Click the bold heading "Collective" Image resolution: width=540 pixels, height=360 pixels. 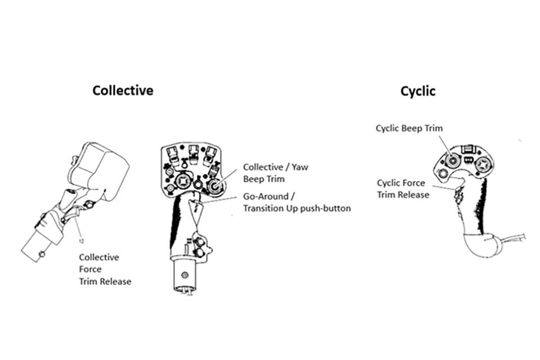123,91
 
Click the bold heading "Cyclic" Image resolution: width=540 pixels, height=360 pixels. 417,91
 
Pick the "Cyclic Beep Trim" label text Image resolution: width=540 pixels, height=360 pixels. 409,128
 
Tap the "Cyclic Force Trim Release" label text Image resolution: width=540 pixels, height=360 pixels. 403,188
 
